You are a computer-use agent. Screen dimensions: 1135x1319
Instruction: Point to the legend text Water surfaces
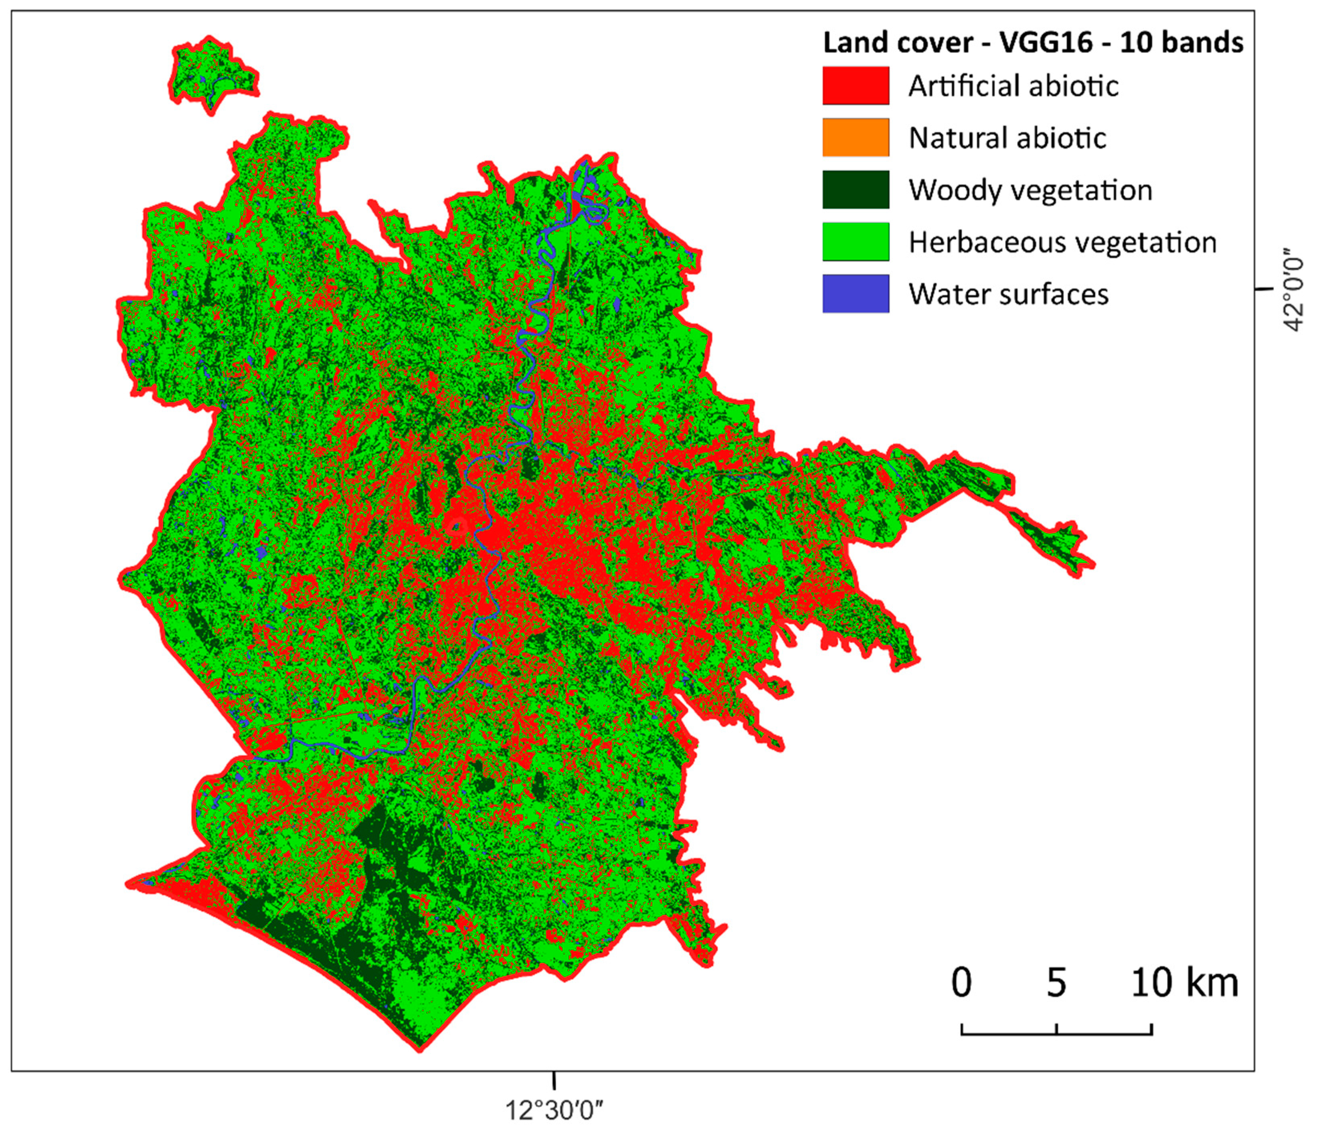1008,294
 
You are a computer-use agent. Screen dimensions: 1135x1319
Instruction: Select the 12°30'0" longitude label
554,1111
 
